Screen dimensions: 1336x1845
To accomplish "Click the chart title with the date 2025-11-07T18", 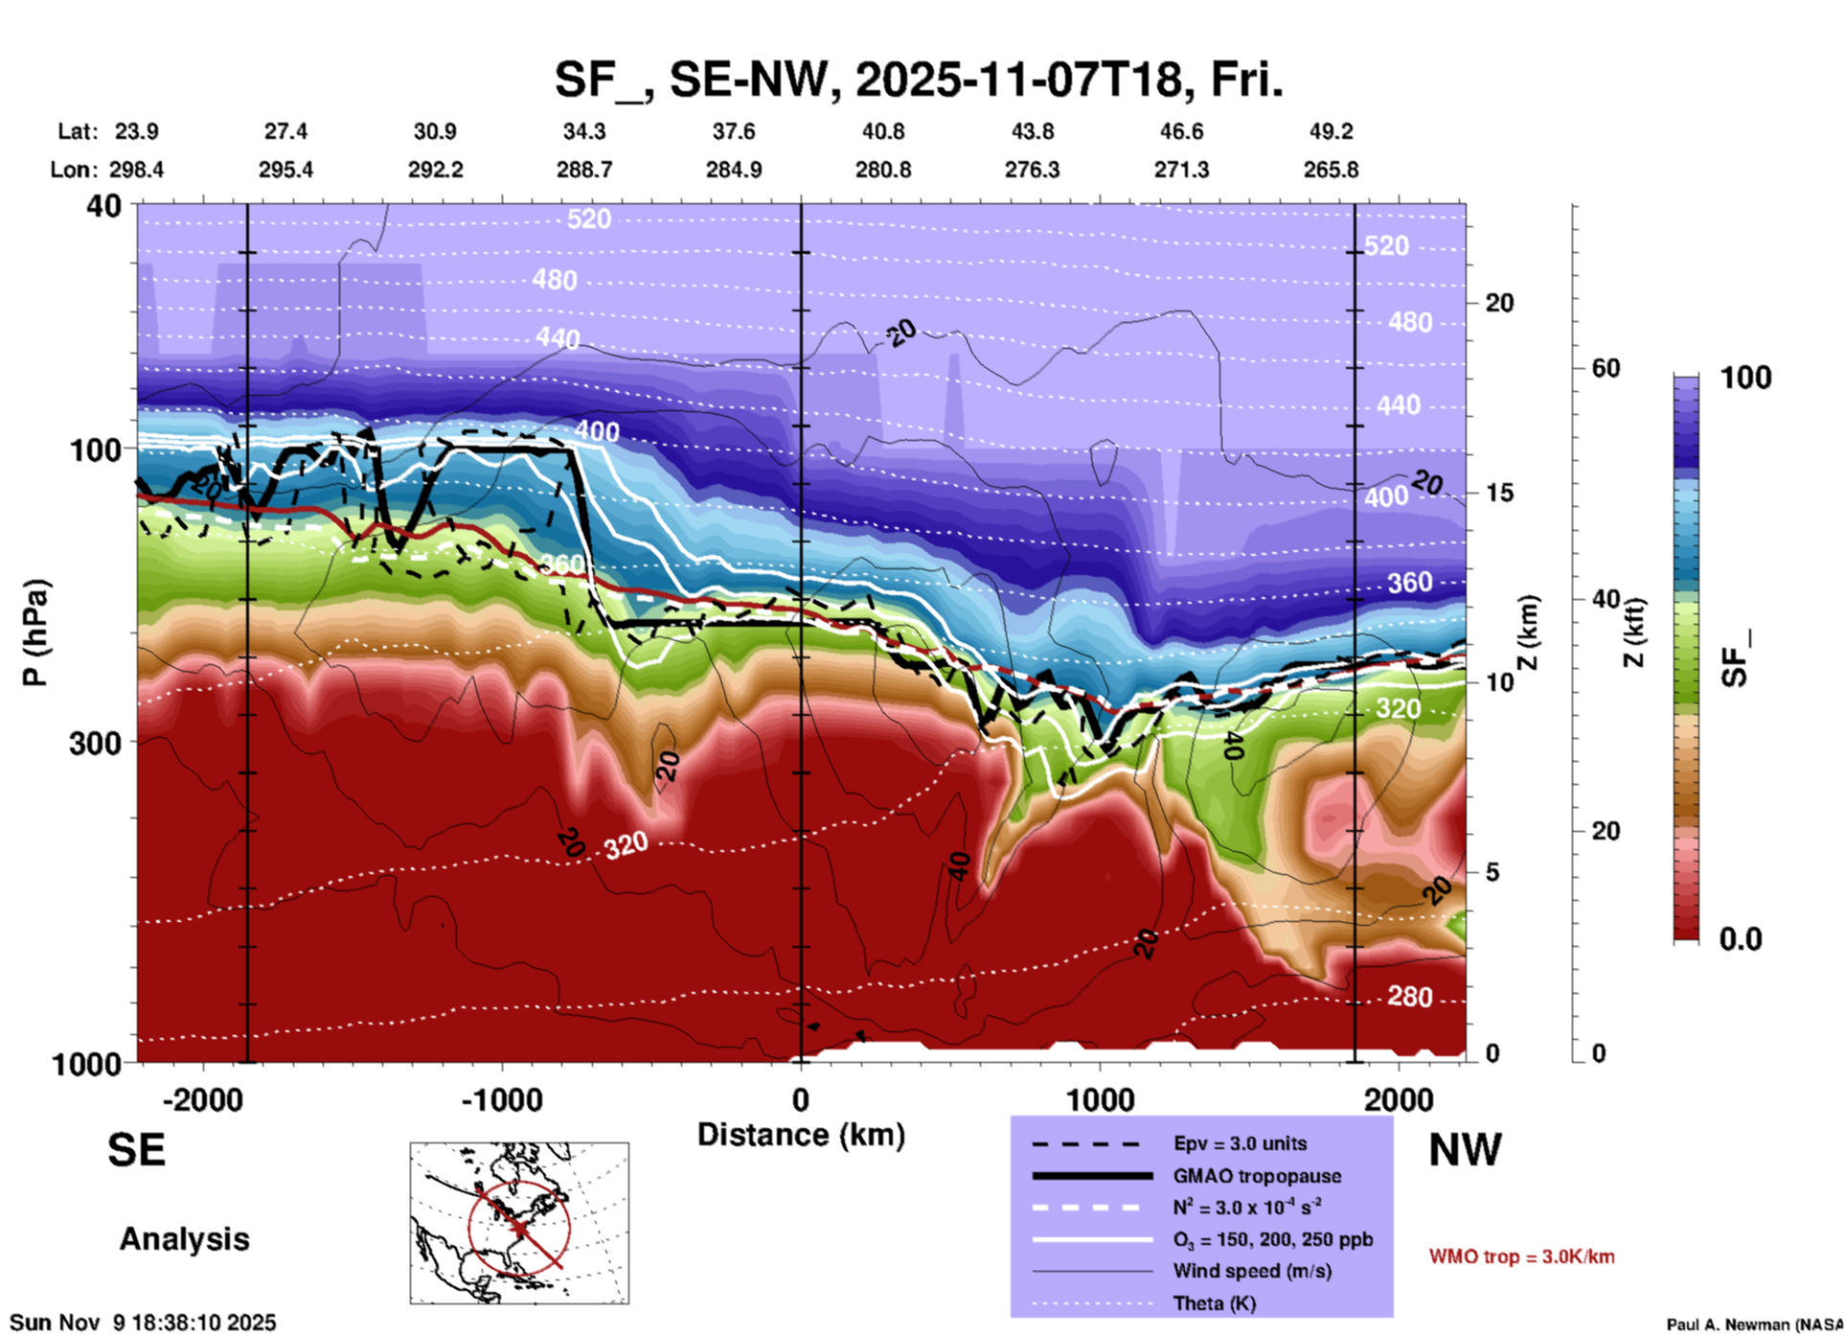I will pyautogui.click(x=918, y=81).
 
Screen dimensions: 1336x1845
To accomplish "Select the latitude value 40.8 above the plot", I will pyautogui.click(x=882, y=131).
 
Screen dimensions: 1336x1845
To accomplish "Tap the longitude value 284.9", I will pyautogui.click(x=734, y=170).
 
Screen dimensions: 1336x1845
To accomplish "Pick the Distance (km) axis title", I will pyautogui.click(x=801, y=1135).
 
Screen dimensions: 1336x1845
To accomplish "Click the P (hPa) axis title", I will pyautogui.click(x=35, y=633).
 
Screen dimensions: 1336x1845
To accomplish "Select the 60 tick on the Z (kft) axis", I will pyautogui.click(x=1606, y=369).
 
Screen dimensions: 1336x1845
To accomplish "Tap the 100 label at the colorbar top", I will pyautogui.click(x=1745, y=378).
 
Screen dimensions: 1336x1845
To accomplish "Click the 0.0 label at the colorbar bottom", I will pyautogui.click(x=1741, y=939).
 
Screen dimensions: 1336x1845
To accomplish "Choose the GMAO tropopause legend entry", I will pyautogui.click(x=1257, y=1176).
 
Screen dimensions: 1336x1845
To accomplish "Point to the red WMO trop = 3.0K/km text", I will pyautogui.click(x=1521, y=1256).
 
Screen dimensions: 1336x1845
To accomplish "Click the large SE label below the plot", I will pyautogui.click(x=136, y=1150).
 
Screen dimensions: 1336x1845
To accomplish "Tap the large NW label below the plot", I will pyautogui.click(x=1465, y=1150).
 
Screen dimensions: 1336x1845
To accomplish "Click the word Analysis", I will pyautogui.click(x=184, y=1239).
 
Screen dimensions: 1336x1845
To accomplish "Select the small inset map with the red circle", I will pyautogui.click(x=519, y=1223).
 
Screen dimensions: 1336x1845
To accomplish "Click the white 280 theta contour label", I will pyautogui.click(x=1409, y=997).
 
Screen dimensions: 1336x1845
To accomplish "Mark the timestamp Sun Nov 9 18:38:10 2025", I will pyautogui.click(x=143, y=1323).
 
